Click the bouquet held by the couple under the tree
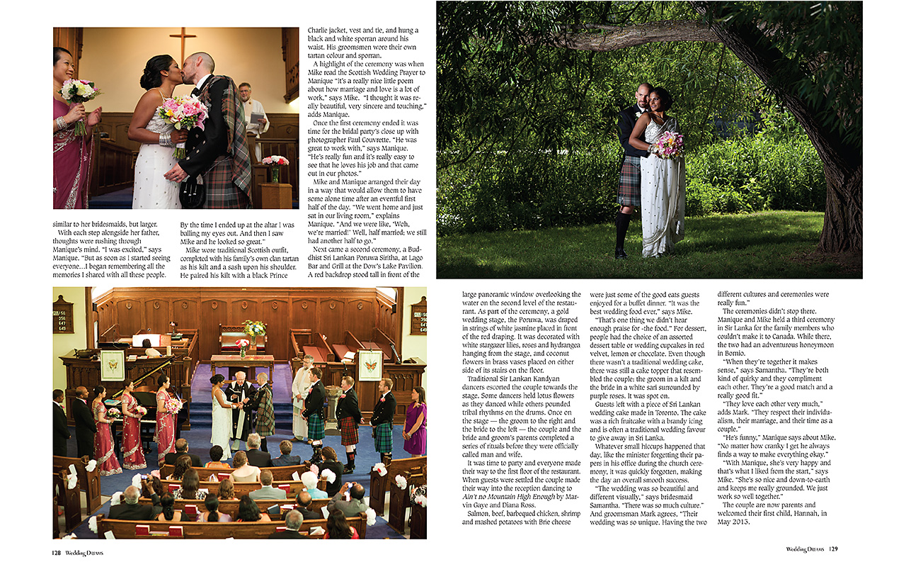pos(668,144)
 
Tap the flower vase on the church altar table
pos(243,347)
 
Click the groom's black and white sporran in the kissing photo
pos(191,190)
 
